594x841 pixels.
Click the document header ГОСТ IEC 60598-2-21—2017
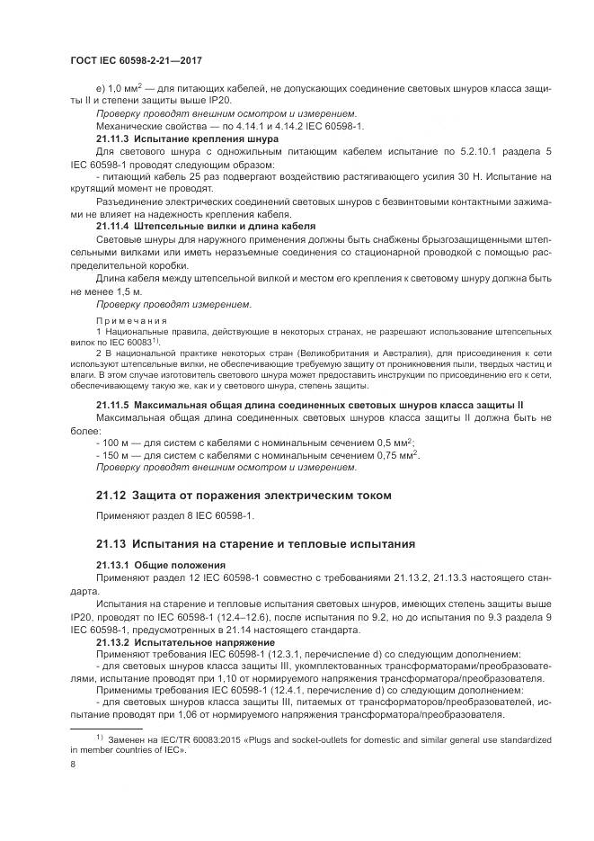[x=135, y=59]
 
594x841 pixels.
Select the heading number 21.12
[x=111, y=495]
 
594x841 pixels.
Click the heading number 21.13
[x=111, y=544]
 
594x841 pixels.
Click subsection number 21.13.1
[x=112, y=564]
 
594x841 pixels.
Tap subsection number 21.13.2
[x=112, y=644]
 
